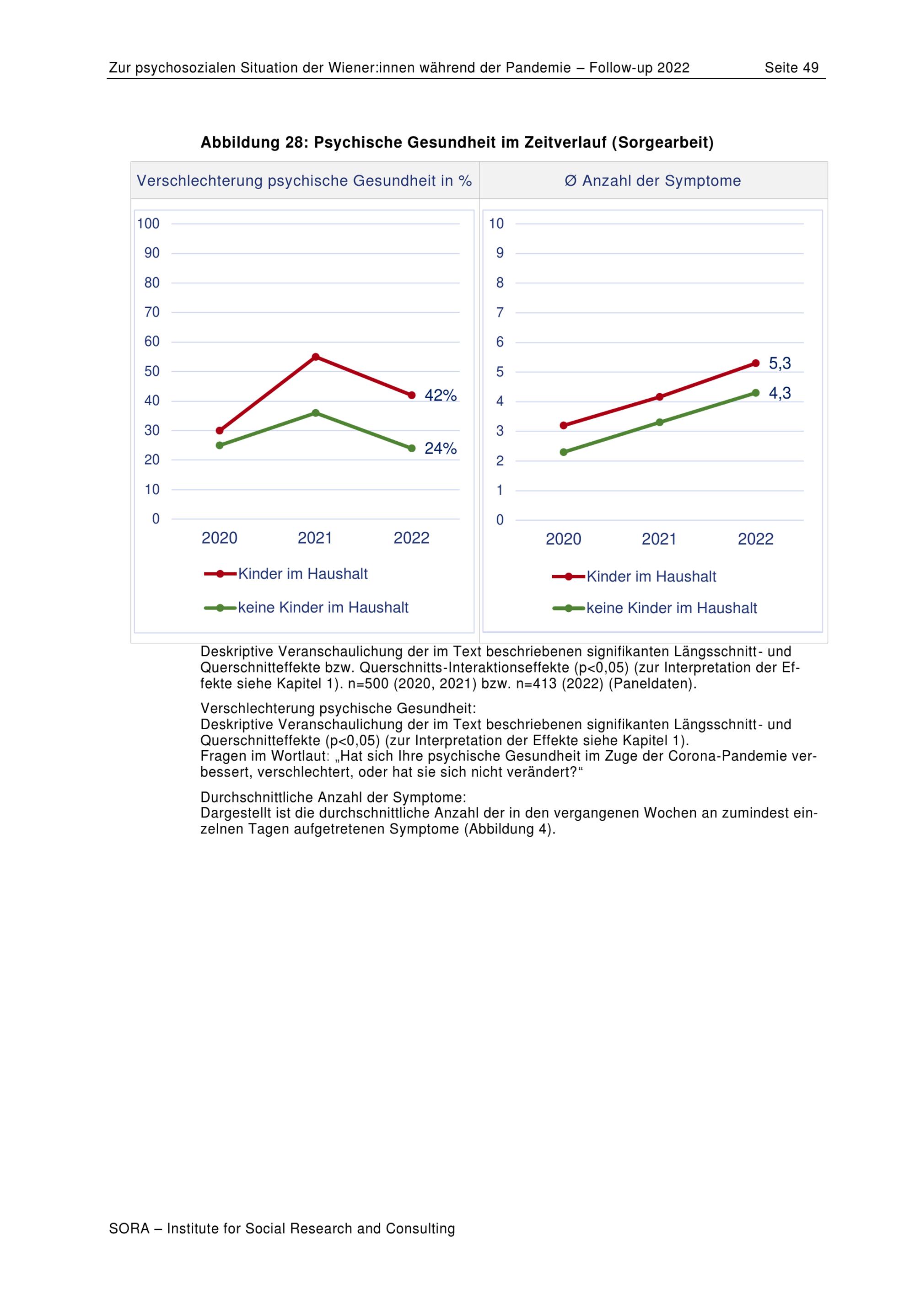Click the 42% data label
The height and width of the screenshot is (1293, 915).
pos(440,395)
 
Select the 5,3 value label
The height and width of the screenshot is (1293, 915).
pos(780,363)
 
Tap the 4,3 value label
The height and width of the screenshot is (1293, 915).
pos(780,393)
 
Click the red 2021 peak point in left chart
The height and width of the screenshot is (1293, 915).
pos(316,357)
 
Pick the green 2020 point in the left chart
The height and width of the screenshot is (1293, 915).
pos(220,445)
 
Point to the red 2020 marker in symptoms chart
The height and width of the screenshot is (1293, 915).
pos(564,425)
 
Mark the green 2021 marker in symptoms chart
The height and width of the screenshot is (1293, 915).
pos(660,422)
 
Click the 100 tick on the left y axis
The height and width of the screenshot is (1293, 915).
pos(148,224)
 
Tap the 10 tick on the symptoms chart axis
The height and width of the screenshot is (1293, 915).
pos(496,224)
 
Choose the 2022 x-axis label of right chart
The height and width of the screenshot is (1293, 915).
pos(755,539)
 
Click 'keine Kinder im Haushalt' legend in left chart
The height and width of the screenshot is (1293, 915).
pos(323,607)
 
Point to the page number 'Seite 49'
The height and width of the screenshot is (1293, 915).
pos(791,68)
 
